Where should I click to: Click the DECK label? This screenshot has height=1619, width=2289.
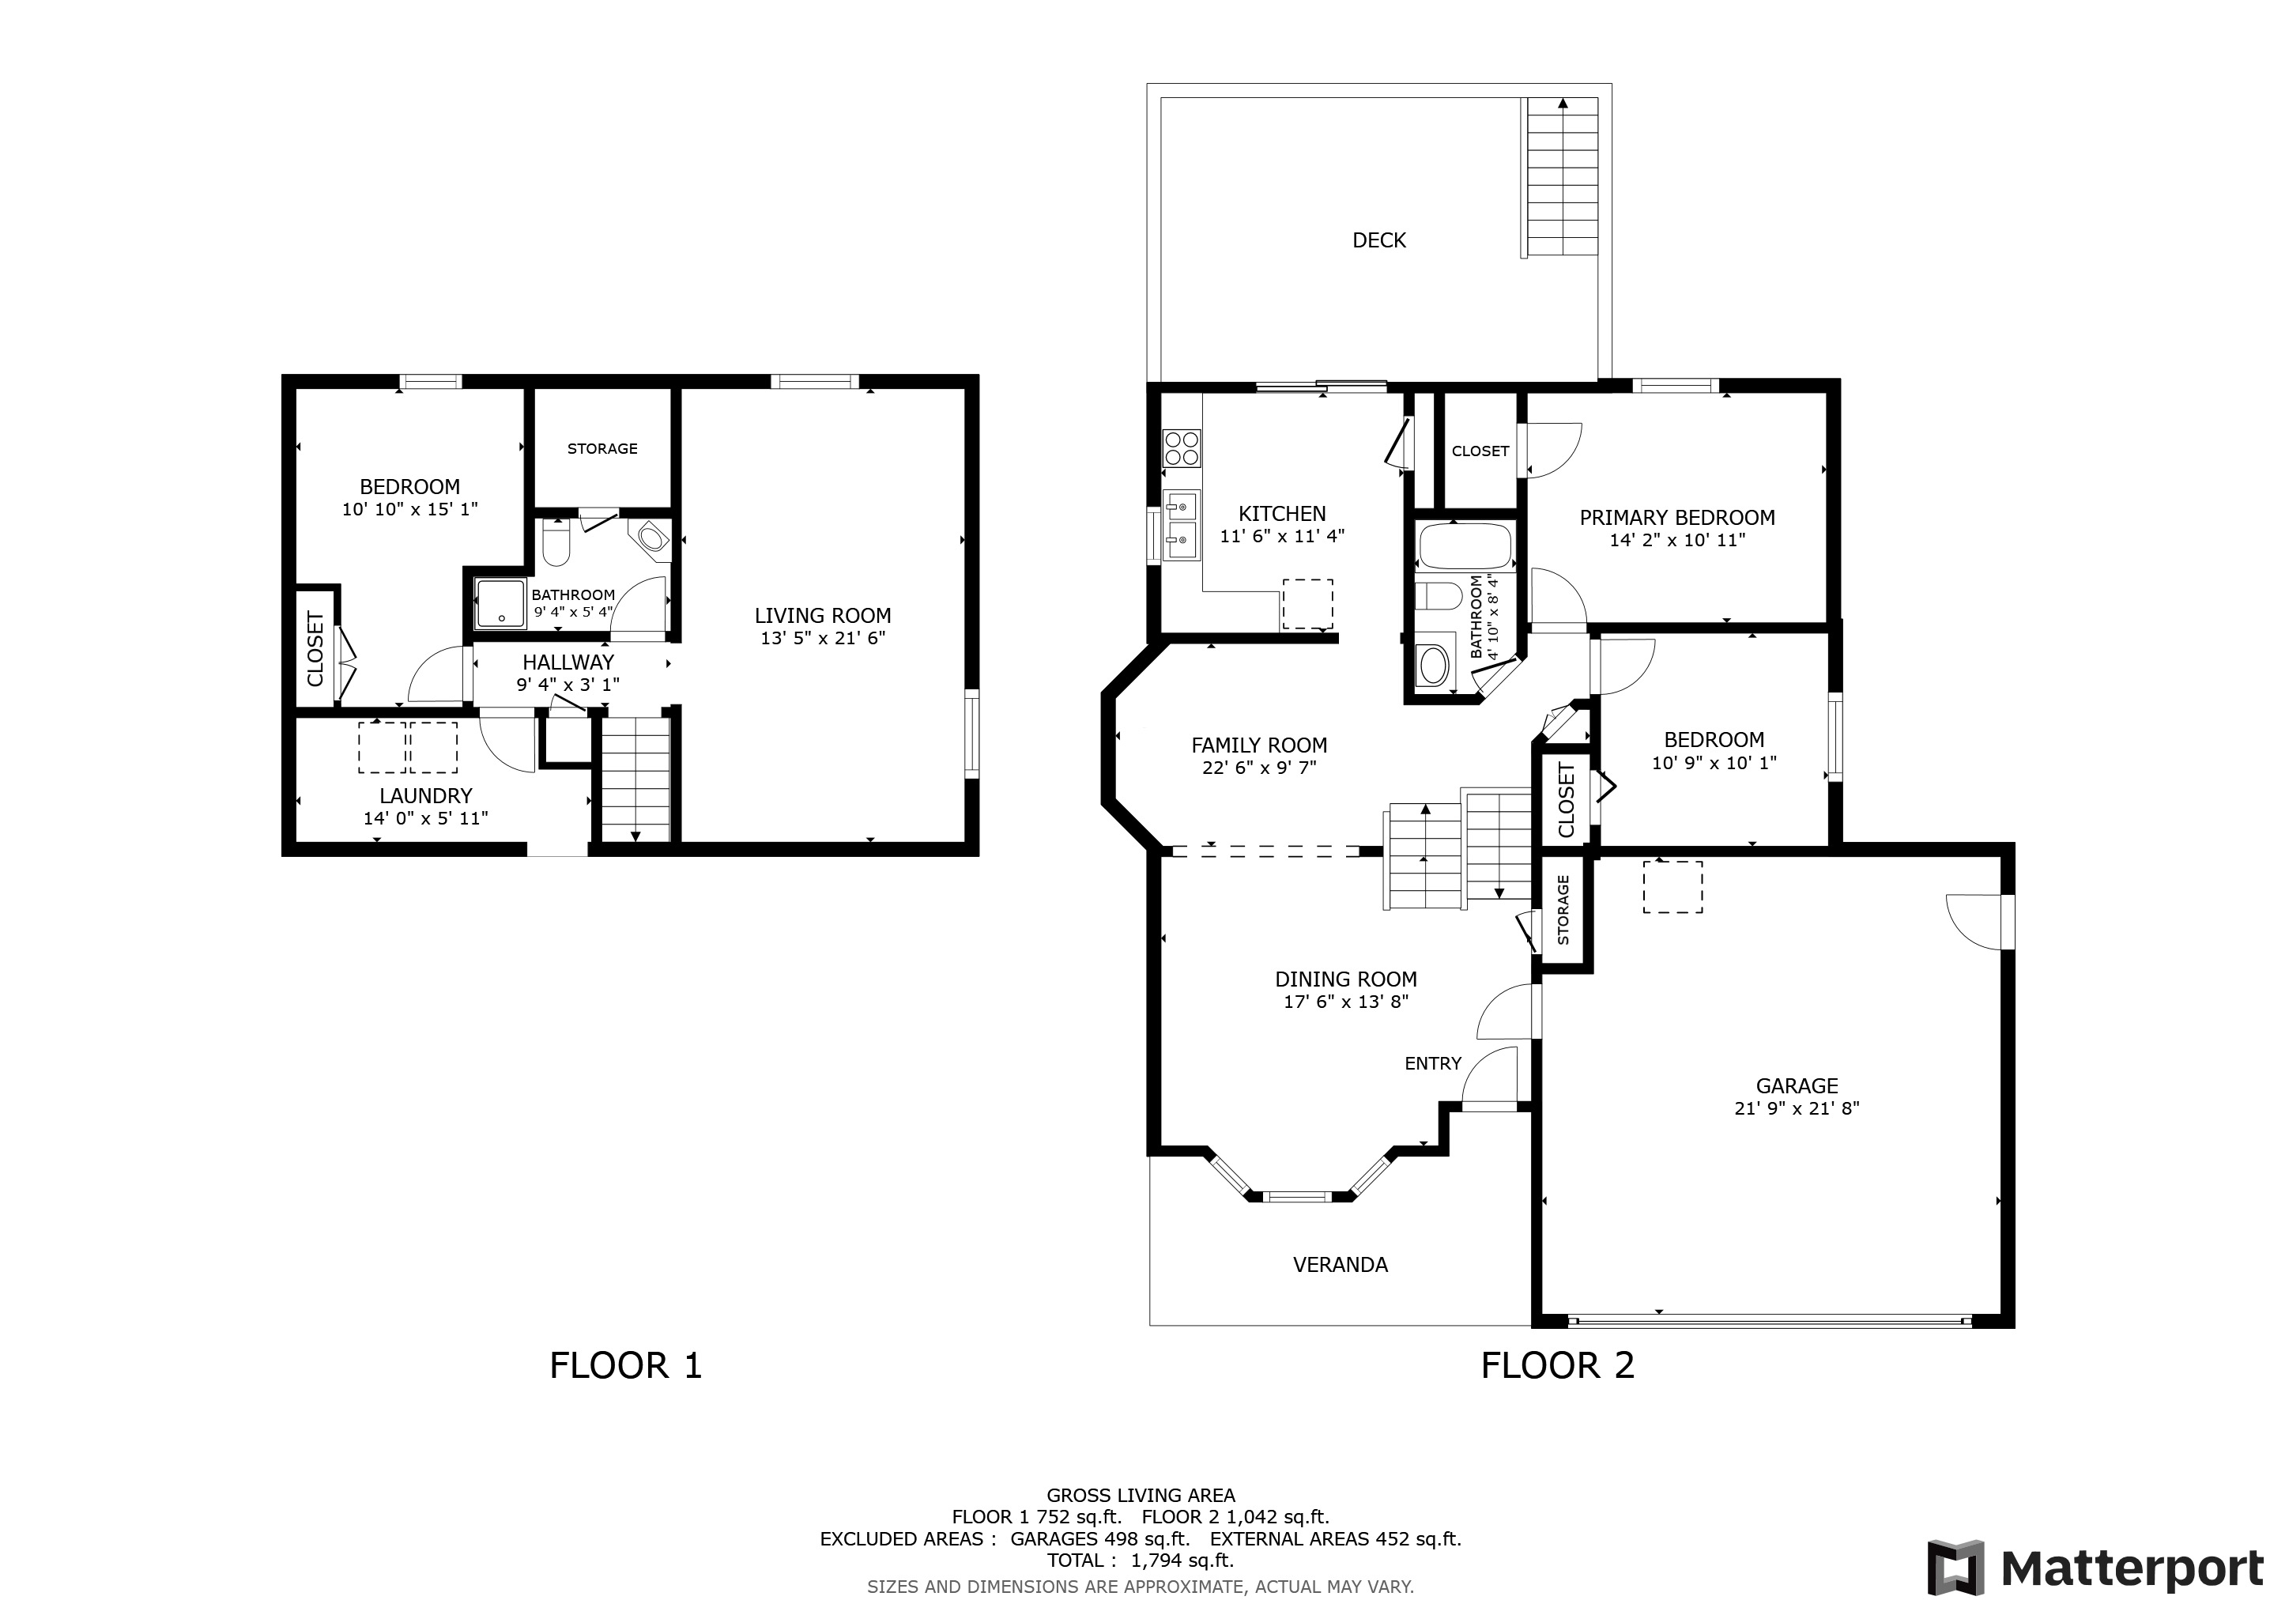pos(1378,240)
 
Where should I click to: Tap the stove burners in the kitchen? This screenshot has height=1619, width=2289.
pos(1182,447)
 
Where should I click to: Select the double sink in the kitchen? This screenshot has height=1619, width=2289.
pos(1182,526)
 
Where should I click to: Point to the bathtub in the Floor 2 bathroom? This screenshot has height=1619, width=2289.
pos(1465,546)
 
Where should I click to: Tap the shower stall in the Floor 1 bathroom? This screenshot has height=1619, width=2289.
pos(500,604)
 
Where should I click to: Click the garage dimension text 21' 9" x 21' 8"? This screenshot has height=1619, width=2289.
pos(1797,1108)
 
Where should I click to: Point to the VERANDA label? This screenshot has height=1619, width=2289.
pos(1340,1264)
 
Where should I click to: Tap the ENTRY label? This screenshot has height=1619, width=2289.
pos(1433,1064)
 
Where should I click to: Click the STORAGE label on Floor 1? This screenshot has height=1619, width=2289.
pos(602,448)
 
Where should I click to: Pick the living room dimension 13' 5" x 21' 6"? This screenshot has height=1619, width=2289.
pos(823,638)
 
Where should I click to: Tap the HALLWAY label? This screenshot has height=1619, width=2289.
pos(568,662)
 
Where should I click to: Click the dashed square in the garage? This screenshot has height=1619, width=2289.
pos(1673,887)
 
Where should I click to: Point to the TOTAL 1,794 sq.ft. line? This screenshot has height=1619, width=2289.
pos(1141,1561)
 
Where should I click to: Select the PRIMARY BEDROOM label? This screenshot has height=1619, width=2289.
pos(1677,518)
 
